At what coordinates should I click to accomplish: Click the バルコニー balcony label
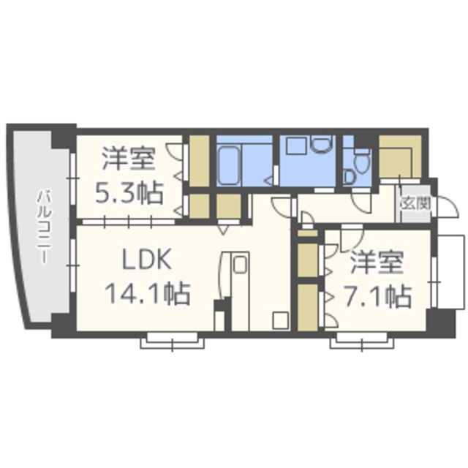[x=44, y=227]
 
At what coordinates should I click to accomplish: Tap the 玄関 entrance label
[x=416, y=203]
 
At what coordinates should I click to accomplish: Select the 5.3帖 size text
[x=129, y=193]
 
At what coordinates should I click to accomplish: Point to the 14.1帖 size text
[x=148, y=293]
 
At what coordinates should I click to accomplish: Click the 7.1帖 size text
[x=378, y=296]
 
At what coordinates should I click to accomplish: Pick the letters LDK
[x=147, y=259]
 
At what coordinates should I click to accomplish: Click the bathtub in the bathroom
[x=229, y=166]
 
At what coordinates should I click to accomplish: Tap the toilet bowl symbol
[x=362, y=162]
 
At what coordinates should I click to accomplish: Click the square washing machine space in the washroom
[x=296, y=146]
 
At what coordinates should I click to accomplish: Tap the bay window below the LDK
[x=173, y=341]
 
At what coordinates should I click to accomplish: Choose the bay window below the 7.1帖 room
[x=362, y=341]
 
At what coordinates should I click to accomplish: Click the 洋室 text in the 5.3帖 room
[x=129, y=158]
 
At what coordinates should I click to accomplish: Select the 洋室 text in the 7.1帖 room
[x=377, y=262]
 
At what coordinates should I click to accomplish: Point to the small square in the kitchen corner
[x=281, y=320]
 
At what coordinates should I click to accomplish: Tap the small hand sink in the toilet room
[x=348, y=176]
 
